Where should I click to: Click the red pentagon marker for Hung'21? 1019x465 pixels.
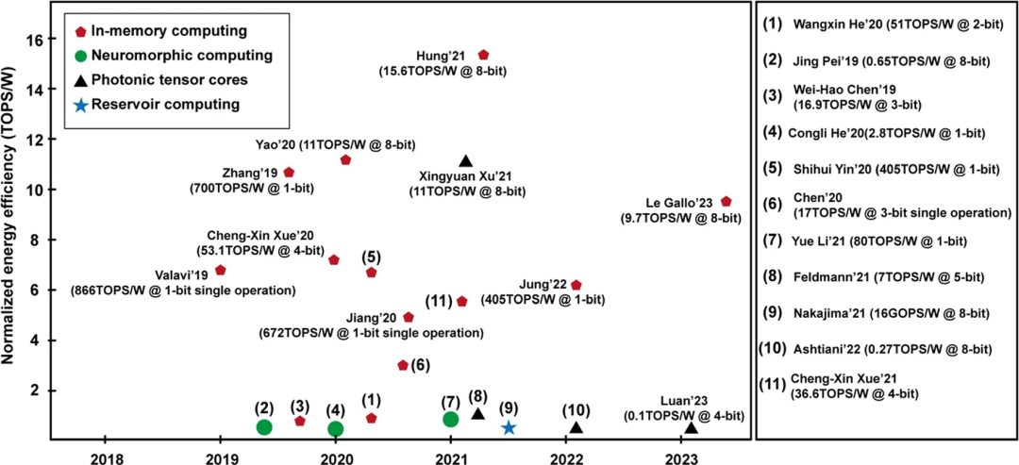click(x=484, y=56)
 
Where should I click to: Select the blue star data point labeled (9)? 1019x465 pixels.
click(x=509, y=427)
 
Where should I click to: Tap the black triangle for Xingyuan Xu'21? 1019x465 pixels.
click(x=465, y=162)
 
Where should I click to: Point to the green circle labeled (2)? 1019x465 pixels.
click(x=264, y=427)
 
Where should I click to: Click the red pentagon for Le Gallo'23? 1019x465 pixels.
click(x=726, y=201)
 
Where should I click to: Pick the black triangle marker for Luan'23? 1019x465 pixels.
click(x=691, y=427)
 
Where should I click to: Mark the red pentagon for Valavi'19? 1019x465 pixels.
click(x=221, y=270)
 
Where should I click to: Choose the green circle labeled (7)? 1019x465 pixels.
click(x=451, y=419)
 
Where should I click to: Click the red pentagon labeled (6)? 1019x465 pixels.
click(x=403, y=364)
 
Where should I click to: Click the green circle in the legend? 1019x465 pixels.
click(x=81, y=56)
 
